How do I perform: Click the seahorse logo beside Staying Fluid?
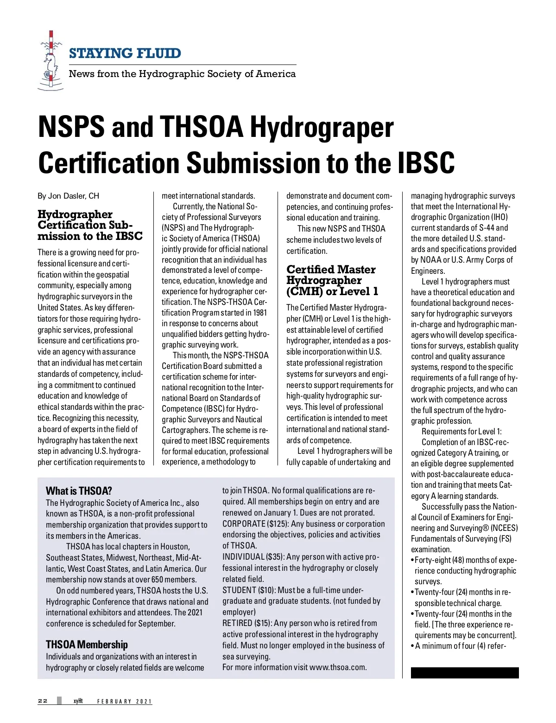tap(49, 60)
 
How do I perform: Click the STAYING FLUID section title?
tap(125, 53)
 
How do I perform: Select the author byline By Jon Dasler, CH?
tap(68, 196)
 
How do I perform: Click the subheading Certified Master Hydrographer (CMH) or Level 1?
tap(331, 280)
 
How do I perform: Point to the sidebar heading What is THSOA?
tap(79, 491)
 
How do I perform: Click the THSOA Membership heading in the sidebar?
tap(87, 645)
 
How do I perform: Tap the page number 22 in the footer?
tap(43, 701)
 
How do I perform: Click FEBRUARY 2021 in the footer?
tap(124, 701)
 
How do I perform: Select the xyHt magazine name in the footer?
tap(78, 701)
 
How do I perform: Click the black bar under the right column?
tap(465, 673)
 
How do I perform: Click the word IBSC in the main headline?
tap(426, 163)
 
